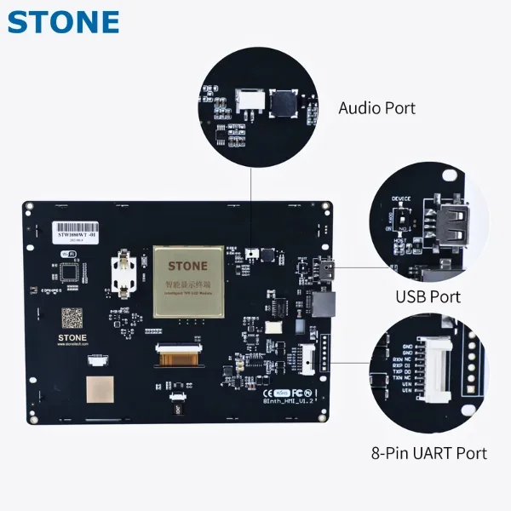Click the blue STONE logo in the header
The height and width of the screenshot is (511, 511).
(63, 20)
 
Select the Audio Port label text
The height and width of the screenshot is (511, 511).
(376, 108)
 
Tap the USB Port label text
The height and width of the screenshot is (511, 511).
(428, 296)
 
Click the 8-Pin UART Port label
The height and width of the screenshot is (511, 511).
(430, 452)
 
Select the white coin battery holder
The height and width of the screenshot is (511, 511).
(123, 275)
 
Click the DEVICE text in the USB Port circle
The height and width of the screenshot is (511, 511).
(401, 199)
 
